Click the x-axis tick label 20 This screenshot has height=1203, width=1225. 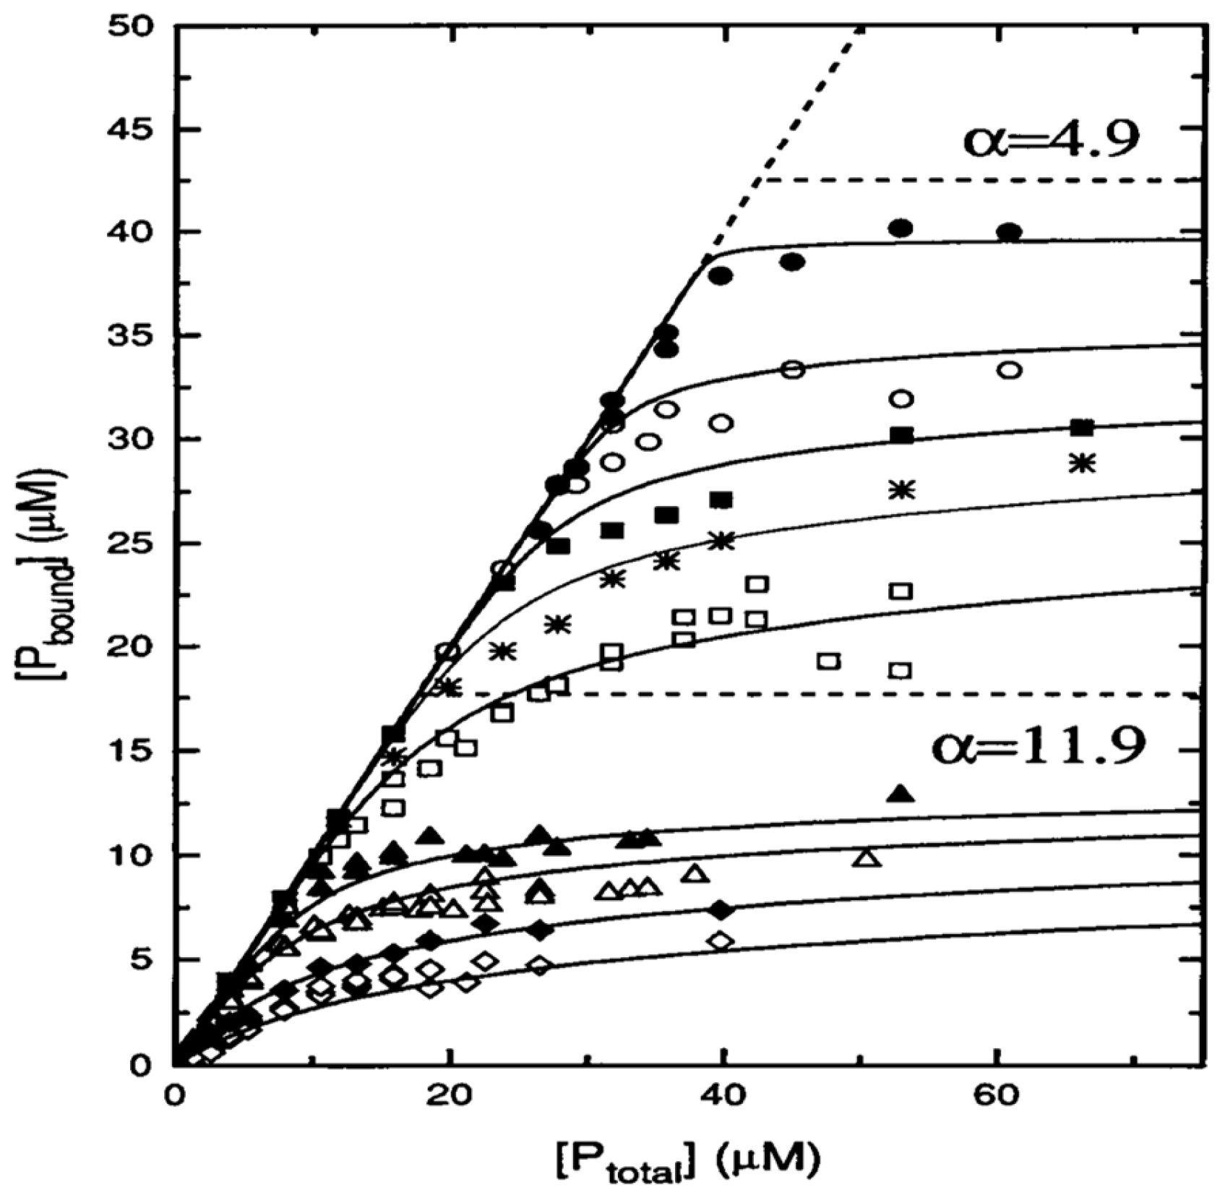point(449,1095)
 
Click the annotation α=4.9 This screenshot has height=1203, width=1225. point(1051,140)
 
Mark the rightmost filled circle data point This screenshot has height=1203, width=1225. point(1010,233)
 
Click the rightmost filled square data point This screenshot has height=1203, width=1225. point(1081,427)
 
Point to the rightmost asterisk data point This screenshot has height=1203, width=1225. point(1082,463)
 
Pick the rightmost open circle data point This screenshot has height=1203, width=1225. point(1010,371)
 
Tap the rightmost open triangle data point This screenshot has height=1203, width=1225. point(867,858)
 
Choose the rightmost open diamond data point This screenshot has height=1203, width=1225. point(721,941)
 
